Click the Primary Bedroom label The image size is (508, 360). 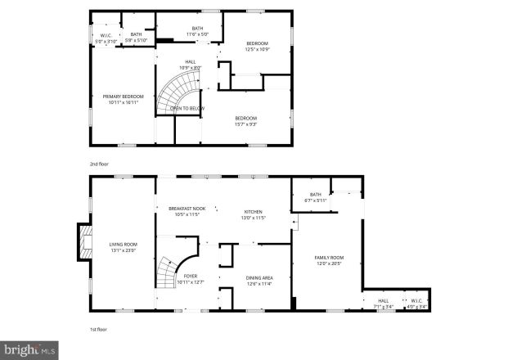point(124,99)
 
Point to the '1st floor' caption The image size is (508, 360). point(98,329)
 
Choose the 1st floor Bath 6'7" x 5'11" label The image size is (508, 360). point(315,197)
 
